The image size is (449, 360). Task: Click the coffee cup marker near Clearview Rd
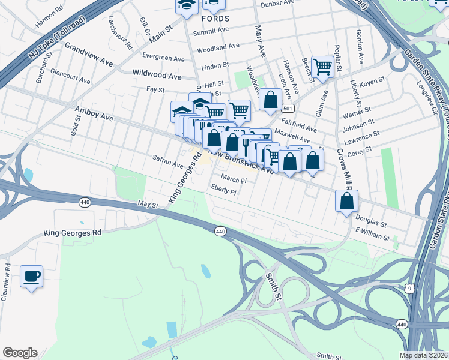(32, 277)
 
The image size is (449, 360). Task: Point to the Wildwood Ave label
(157, 76)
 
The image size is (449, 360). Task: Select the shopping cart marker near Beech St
(322, 67)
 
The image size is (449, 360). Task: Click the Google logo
(20, 353)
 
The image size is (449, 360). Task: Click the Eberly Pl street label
(224, 191)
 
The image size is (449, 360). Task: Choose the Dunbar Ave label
(278, 4)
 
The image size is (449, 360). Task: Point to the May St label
(147, 205)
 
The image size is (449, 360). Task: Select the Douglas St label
(370, 221)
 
